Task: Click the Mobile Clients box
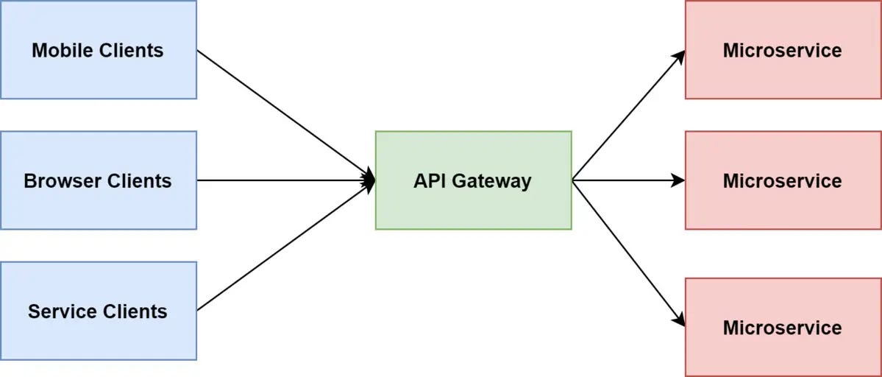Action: (98, 49)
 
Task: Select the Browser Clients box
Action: (98, 180)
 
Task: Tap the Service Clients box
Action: (98, 311)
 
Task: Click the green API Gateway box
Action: (473, 180)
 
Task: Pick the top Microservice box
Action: (783, 49)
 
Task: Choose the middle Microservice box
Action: (783, 180)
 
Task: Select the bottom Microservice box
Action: (783, 327)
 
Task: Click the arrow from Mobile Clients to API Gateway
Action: (285, 115)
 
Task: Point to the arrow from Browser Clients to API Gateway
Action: (285, 180)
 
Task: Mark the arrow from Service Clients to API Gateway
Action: (285, 246)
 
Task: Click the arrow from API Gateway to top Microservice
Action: (627, 116)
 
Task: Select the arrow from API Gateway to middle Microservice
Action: (627, 180)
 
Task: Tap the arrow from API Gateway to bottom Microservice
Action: (627, 253)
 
